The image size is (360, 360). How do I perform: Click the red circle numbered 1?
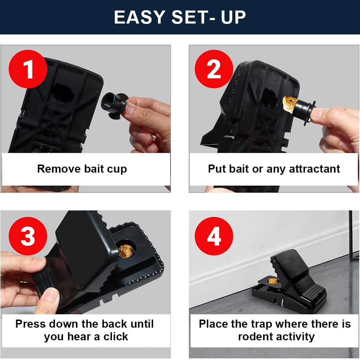pyautogui.click(x=28, y=69)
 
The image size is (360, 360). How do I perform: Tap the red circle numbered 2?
pyautogui.click(x=214, y=69)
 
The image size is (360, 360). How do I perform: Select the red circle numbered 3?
pyautogui.click(x=28, y=236)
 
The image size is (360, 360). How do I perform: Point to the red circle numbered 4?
pyautogui.click(x=214, y=236)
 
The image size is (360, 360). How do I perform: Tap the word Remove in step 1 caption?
pyautogui.click(x=59, y=169)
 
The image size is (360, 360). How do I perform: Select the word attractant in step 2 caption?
pyautogui.click(x=314, y=169)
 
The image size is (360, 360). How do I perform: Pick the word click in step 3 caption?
pyautogui.click(x=116, y=337)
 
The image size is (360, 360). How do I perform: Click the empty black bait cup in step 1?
pyautogui.click(x=113, y=102)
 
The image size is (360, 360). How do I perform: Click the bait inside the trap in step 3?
pyautogui.click(x=126, y=251)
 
